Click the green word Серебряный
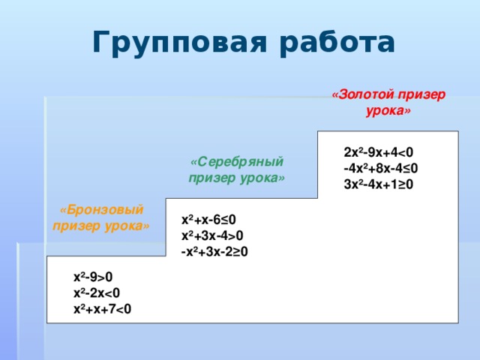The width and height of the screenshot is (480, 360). (x=237, y=162)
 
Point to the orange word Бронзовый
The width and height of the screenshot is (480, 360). (x=102, y=210)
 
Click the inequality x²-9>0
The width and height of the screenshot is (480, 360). (x=93, y=277)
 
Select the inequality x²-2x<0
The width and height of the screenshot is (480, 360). (x=97, y=293)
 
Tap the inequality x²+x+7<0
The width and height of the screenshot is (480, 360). (x=102, y=309)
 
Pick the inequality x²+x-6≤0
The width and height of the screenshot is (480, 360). (x=208, y=220)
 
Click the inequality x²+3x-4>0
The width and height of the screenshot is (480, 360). (x=212, y=236)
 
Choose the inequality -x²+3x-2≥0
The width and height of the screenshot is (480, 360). (x=214, y=252)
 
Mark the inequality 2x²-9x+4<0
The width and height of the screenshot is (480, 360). (x=378, y=152)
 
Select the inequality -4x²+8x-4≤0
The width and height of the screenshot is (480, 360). (x=381, y=168)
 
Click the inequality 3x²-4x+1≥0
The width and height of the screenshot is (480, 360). (x=378, y=184)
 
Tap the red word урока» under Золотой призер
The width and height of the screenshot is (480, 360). (x=388, y=110)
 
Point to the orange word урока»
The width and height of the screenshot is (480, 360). (x=127, y=226)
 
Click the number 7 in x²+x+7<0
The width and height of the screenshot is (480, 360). (x=112, y=309)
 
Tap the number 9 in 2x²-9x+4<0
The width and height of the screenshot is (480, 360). (x=371, y=152)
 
